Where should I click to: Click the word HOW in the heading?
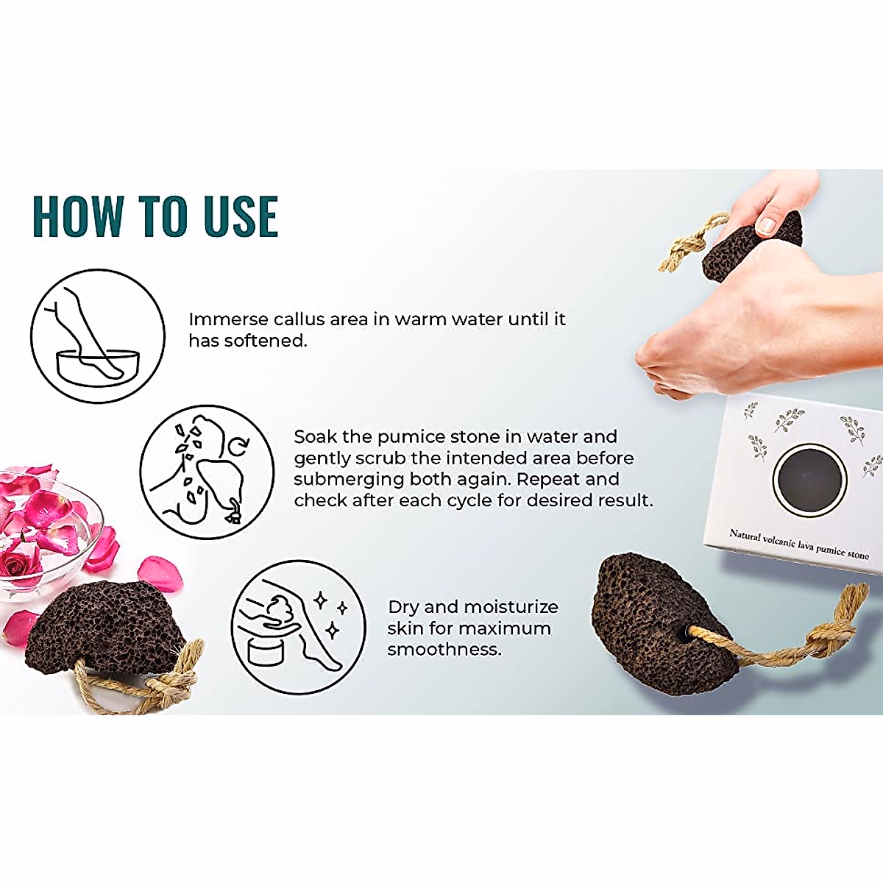[77, 216]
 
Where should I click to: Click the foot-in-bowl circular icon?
[97, 336]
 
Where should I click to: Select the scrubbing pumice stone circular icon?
[207, 471]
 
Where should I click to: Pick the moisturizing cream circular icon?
[298, 627]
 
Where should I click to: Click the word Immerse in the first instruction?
[228, 319]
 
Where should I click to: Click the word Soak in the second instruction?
[315, 436]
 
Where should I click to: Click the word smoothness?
[444, 650]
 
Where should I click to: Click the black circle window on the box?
[809, 480]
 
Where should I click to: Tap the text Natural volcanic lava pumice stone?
[798, 544]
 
